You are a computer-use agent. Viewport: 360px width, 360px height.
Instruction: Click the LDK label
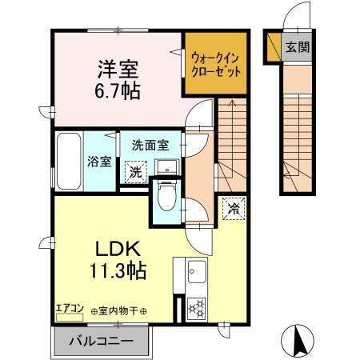pyautogui.click(x=118, y=248)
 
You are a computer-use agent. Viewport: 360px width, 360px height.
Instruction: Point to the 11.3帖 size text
pyautogui.click(x=117, y=271)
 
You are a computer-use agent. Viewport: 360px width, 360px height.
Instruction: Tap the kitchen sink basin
pyautogui.click(x=194, y=277)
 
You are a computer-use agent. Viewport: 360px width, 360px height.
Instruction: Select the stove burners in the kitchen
pyautogui.click(x=195, y=306)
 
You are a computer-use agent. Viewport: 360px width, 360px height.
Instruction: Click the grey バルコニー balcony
pyautogui.click(x=101, y=341)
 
